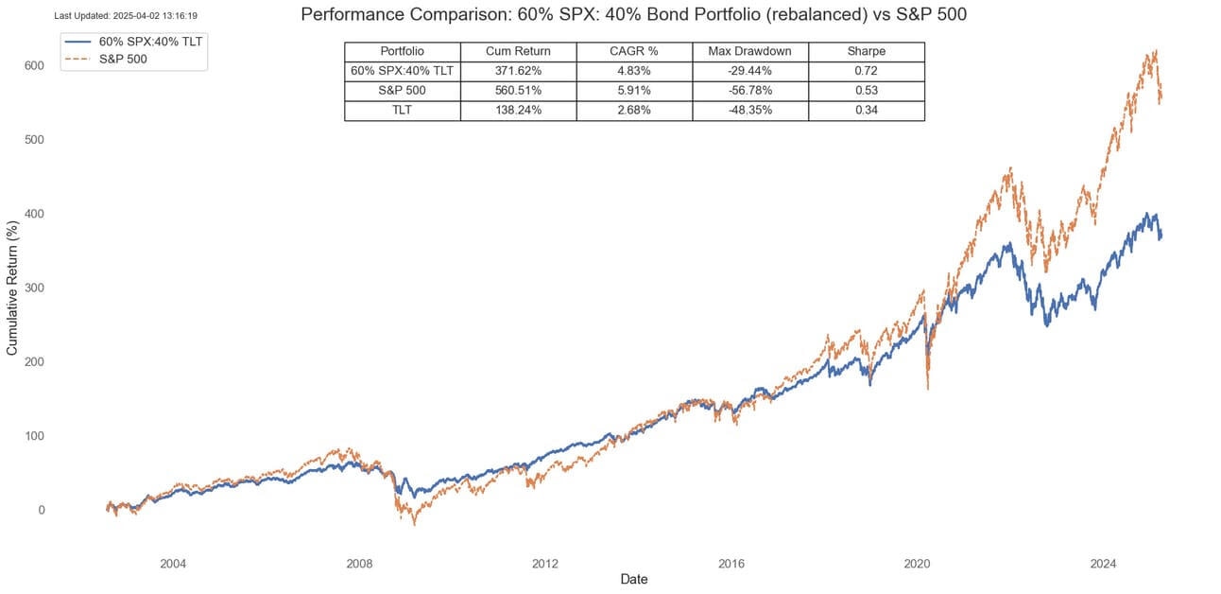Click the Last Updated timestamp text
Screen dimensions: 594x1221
[126, 16]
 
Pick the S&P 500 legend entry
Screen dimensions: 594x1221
[122, 59]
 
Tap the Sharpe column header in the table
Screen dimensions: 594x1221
[866, 51]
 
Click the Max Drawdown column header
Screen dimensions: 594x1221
[749, 51]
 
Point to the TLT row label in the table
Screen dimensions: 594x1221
[402, 111]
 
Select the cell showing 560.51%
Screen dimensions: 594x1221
[518, 91]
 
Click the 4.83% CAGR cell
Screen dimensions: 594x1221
[633, 71]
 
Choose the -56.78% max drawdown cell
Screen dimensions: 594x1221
[749, 91]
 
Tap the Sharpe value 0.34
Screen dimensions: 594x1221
[866, 111]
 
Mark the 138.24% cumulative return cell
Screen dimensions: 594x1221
[518, 111]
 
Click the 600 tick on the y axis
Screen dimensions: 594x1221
[34, 65]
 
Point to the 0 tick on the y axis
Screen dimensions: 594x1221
[40, 510]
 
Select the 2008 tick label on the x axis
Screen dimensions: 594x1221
[359, 565]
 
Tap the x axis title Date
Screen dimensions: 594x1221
[633, 579]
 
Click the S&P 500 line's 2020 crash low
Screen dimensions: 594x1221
[927, 389]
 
